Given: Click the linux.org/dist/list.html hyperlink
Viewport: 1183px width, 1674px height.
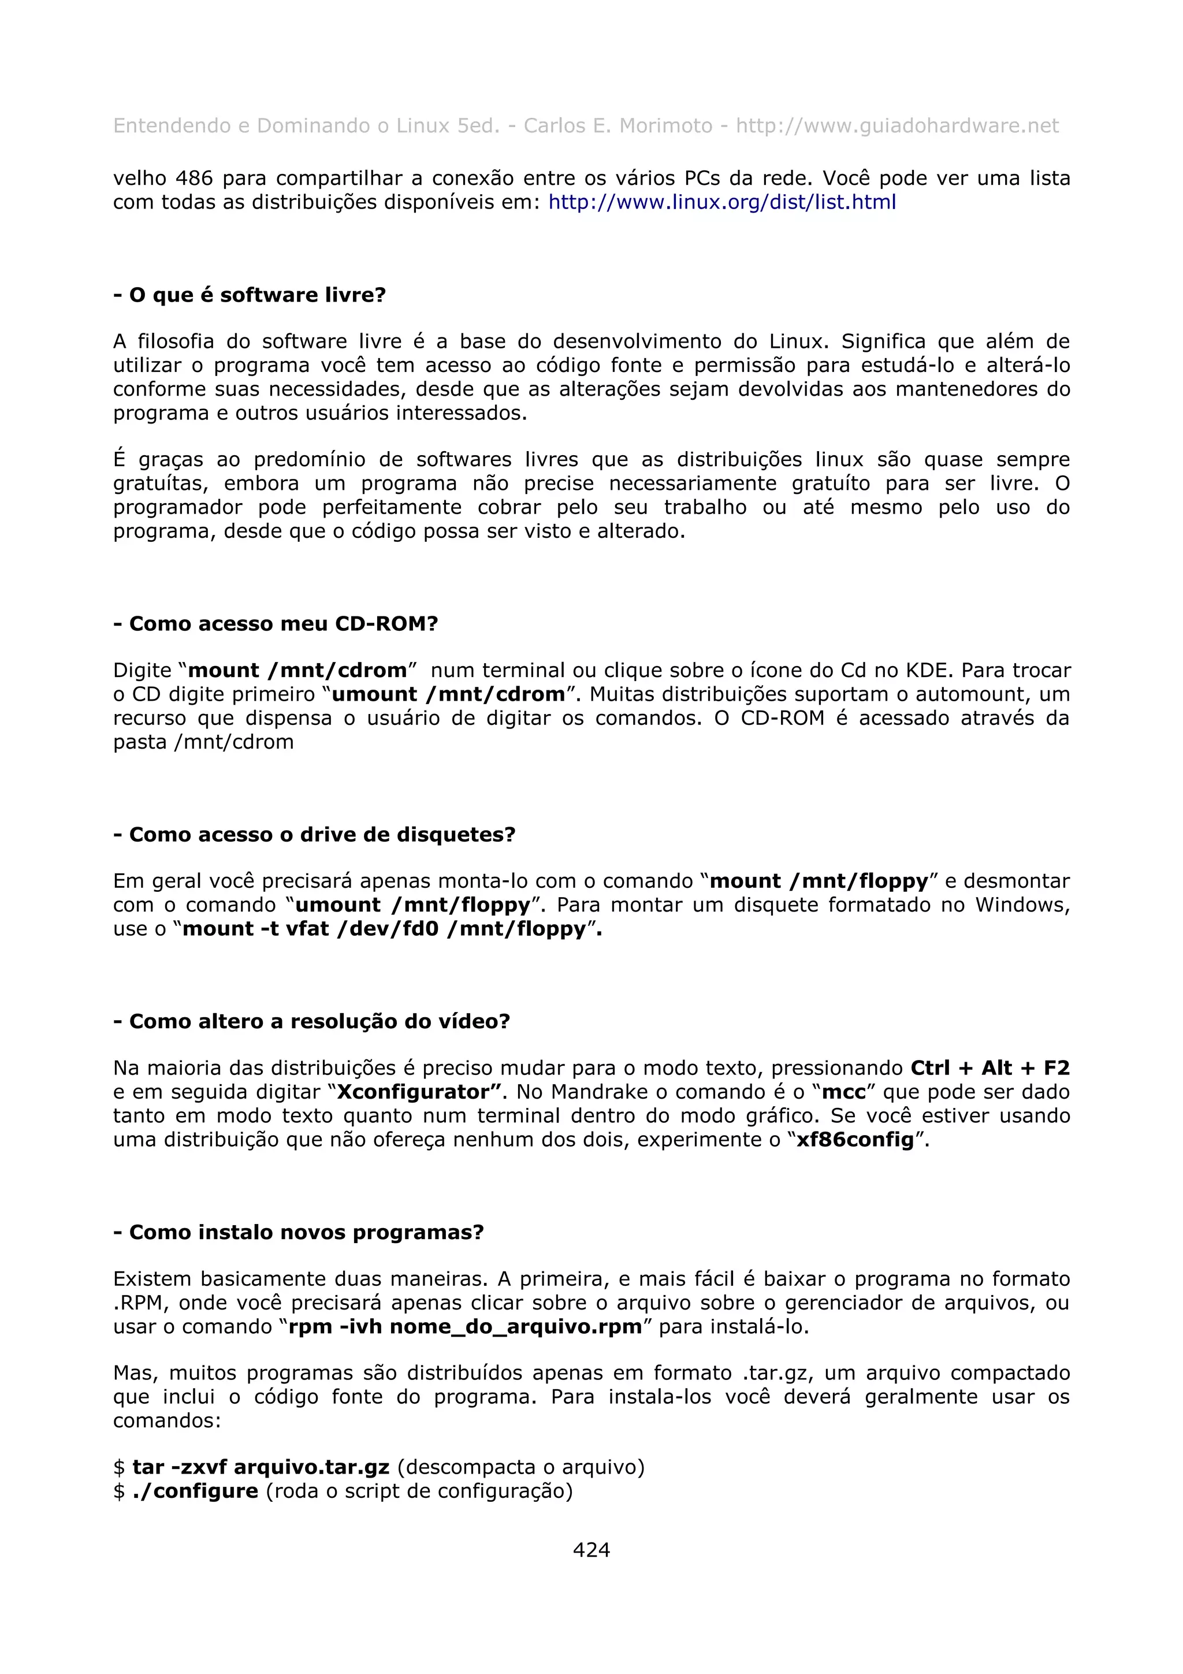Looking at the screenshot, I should coord(721,202).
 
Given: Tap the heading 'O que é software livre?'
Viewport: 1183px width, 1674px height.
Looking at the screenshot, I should coord(250,295).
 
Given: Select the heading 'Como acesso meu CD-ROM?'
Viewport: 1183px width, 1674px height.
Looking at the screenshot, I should coord(276,623).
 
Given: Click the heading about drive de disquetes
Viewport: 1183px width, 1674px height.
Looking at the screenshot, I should coord(315,834).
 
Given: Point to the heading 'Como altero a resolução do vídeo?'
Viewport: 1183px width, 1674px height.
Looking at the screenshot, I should coord(312,1021).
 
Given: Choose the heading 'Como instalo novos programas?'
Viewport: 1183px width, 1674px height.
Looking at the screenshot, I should coord(299,1232).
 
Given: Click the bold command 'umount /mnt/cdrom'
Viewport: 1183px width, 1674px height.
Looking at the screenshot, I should coord(448,694).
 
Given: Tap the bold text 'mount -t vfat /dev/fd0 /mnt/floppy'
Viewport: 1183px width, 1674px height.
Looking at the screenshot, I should coord(385,929).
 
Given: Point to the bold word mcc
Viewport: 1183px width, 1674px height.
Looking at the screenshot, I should coord(843,1092).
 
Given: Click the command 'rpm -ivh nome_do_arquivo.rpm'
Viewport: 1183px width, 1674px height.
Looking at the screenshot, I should coord(465,1326).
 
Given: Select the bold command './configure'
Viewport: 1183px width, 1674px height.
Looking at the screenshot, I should coord(195,1491).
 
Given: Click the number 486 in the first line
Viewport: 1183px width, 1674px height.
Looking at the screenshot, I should coord(195,178).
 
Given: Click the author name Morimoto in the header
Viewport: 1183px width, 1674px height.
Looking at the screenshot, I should coord(665,125).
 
